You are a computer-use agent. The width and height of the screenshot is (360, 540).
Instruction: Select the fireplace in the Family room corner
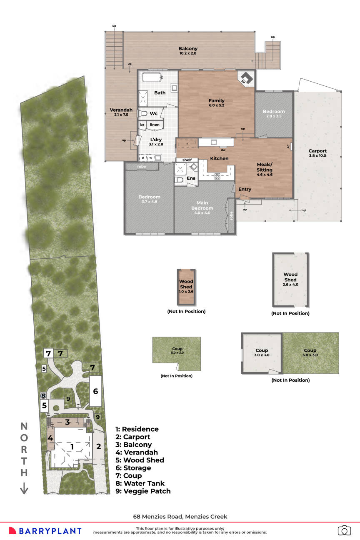pyautogui.click(x=247, y=78)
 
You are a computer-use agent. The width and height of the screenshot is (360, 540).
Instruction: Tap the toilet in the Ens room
pyautogui.click(x=179, y=180)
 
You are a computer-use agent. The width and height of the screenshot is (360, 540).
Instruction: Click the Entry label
pyautogui.click(x=245, y=189)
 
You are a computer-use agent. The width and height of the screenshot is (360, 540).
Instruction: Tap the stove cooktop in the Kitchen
pyautogui.click(x=217, y=177)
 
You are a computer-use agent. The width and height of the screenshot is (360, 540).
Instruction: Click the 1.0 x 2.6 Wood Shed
pyautogui.click(x=186, y=286)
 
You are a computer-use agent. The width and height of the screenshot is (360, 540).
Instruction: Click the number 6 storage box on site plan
pyautogui.click(x=95, y=391)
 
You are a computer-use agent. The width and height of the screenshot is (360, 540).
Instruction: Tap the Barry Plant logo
pyautogui.click(x=45, y=530)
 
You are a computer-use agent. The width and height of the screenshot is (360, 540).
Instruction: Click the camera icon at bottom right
pyautogui.click(x=344, y=530)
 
